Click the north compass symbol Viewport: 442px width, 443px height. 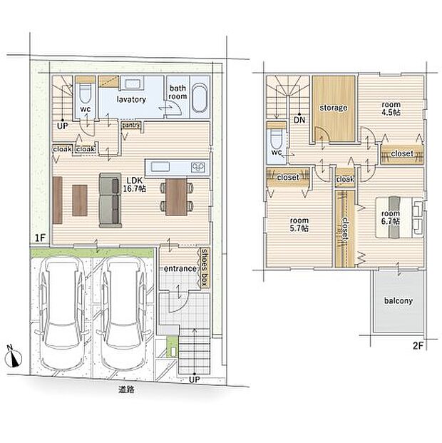tap(14, 357)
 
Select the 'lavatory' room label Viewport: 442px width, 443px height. tap(131, 99)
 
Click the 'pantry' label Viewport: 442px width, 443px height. tap(130, 125)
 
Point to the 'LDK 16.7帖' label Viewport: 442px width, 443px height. tap(135, 185)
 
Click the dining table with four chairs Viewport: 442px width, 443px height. tap(176, 197)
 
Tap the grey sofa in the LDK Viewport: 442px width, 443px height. tap(110, 200)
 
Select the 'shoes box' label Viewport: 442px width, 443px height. tap(205, 268)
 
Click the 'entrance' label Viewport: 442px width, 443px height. tap(180, 268)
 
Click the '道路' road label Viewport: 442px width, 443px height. tap(126, 390)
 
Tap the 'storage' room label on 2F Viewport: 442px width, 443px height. tap(334, 108)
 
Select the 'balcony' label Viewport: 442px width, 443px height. tap(399, 300)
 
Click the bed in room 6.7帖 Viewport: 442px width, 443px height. tap(399, 218)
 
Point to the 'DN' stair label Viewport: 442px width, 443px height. tap(299, 120)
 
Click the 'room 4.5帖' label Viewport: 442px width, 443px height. tap(391, 108)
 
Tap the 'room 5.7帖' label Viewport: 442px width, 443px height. tap(299, 224)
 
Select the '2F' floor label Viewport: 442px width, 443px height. tap(418, 346)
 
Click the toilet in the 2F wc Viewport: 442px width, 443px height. tap(276, 138)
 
